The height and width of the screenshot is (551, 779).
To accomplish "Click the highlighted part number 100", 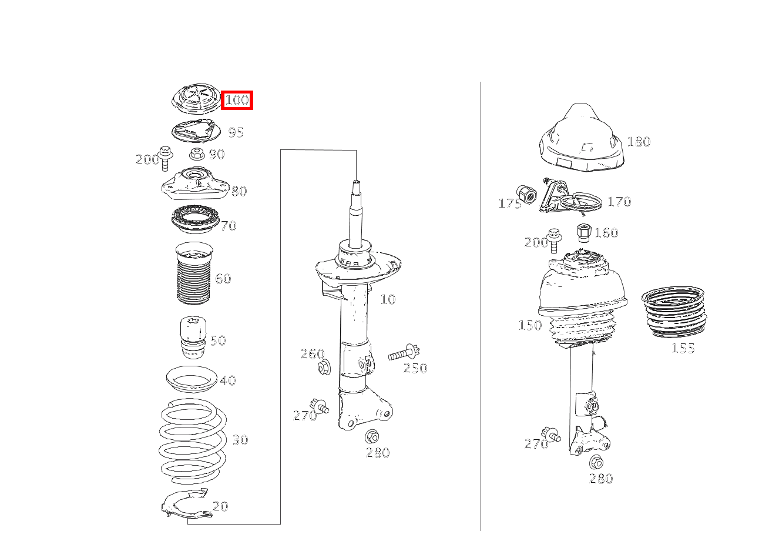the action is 237,100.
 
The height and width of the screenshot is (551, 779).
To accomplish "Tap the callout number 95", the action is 236,132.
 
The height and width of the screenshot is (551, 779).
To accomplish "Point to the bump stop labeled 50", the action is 193,337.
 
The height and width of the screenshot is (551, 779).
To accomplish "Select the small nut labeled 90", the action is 197,153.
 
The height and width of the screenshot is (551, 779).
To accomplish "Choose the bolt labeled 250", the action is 404,352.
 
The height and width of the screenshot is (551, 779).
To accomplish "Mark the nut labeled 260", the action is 324,368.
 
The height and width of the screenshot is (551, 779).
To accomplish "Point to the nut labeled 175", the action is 526,195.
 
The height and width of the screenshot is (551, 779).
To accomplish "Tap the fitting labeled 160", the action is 583,233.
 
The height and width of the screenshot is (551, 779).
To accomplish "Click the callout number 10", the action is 388,299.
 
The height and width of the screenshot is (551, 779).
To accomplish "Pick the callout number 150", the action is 530,325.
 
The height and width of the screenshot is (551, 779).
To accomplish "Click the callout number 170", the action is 619,202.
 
